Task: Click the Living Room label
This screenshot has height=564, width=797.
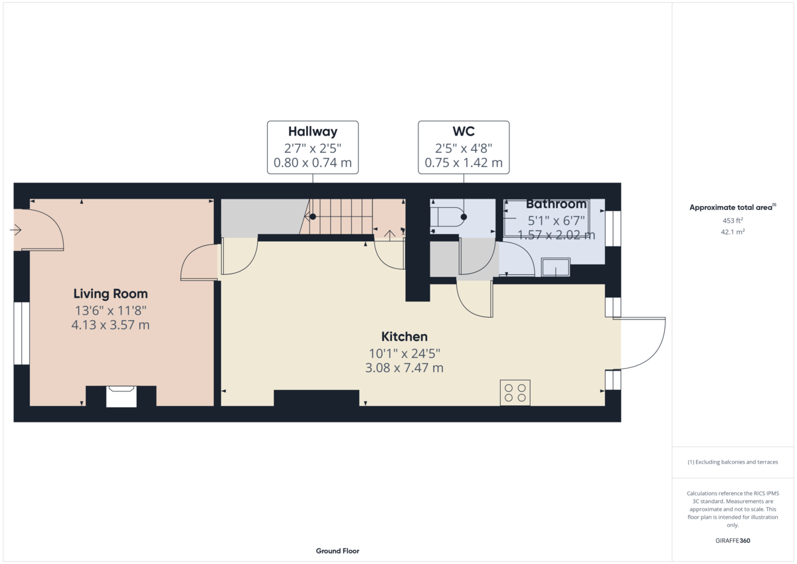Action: click(x=110, y=294)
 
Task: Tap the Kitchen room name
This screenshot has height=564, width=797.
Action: click(x=404, y=337)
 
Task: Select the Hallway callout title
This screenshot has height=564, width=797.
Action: click(x=313, y=132)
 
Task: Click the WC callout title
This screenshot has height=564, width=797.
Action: click(x=464, y=132)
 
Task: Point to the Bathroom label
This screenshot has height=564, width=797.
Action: click(x=556, y=204)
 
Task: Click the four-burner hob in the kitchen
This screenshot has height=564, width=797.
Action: click(x=515, y=393)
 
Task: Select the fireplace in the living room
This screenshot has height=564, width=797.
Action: click(x=121, y=396)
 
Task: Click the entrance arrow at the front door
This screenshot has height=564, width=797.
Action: click(x=16, y=230)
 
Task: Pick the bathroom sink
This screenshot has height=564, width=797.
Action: click(x=555, y=267)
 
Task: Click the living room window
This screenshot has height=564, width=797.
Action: click(x=22, y=333)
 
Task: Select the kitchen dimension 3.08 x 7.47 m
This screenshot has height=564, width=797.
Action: click(x=404, y=368)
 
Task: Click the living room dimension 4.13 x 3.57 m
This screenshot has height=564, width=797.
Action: click(x=110, y=325)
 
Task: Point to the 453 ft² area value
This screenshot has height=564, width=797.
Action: click(x=733, y=221)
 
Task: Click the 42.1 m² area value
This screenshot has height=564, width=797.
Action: click(x=733, y=232)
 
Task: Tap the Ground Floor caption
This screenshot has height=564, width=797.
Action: click(x=337, y=551)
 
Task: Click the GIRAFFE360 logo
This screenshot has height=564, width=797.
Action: click(x=733, y=541)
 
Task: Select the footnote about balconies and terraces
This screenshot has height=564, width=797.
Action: click(x=733, y=462)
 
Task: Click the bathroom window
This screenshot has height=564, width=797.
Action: click(x=613, y=229)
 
